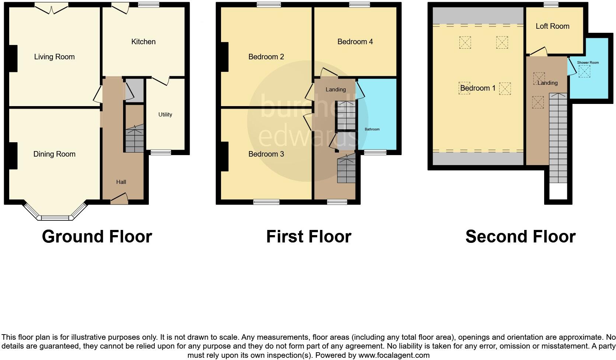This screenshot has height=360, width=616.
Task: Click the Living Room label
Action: [x=54, y=57]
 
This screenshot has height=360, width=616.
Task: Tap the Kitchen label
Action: [x=143, y=42]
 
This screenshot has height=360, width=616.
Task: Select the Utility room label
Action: [x=165, y=115]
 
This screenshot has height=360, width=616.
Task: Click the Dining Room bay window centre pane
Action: [x=55, y=218]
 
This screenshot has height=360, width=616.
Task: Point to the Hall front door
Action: [x=119, y=199]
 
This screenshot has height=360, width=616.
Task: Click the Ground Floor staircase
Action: [x=134, y=140]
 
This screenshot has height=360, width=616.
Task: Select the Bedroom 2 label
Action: [x=266, y=57]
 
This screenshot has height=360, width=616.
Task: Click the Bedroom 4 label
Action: [x=355, y=42]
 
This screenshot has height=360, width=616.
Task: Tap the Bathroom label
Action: [x=372, y=129]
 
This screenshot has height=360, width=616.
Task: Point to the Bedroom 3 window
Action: [x=266, y=202]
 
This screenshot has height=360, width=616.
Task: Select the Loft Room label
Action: [x=552, y=26]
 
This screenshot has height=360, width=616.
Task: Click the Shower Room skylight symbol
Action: [x=584, y=71]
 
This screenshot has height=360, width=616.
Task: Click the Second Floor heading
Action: [x=520, y=237]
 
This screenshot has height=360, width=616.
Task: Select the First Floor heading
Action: [x=308, y=237]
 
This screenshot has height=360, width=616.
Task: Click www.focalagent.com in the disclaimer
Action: [x=394, y=356]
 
